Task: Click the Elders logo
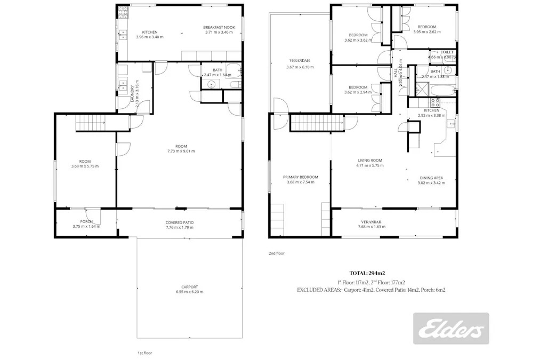point(451,328)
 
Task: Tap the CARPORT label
point(189,286)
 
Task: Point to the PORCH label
point(86,221)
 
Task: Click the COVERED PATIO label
point(179,222)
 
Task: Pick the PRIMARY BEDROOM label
point(301,177)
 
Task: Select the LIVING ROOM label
point(369,160)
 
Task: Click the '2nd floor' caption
point(276,253)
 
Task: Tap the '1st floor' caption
point(145,353)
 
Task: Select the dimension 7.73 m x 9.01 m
point(181,151)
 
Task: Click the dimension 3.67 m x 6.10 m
point(300,67)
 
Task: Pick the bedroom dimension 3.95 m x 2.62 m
point(426,32)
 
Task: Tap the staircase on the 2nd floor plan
point(317,124)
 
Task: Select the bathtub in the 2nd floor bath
point(443,90)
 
